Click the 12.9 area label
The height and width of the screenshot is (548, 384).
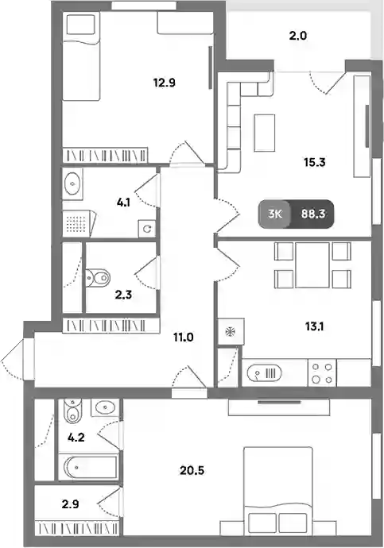point(164,83)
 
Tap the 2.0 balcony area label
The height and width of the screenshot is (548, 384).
point(298,36)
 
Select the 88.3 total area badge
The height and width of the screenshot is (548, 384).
point(313,214)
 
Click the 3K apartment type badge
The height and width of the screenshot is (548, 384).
point(275,214)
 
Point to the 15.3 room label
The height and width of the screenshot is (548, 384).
point(314,162)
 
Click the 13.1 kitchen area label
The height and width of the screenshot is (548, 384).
point(314,326)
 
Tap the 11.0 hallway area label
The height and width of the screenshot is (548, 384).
point(184,338)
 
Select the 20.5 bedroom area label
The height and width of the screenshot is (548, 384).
point(192,471)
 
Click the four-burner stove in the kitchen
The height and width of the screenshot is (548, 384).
point(322,373)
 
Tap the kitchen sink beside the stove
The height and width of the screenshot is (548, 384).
point(264,373)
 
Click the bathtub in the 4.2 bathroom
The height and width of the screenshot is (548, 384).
point(91,468)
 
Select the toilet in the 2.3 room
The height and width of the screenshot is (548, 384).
point(97,277)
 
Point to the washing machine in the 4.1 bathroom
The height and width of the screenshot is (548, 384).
point(147,229)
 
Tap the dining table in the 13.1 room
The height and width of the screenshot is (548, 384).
point(312,265)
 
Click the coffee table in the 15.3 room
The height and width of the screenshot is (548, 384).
point(265,133)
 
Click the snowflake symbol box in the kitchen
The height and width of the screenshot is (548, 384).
point(231,331)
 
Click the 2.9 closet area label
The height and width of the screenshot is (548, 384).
point(70,504)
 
